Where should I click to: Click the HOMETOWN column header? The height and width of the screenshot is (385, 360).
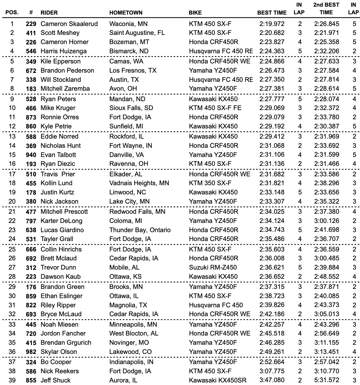coord(126,13)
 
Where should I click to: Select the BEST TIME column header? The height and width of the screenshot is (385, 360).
coord(272,13)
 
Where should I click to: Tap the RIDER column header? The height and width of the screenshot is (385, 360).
coord(49,13)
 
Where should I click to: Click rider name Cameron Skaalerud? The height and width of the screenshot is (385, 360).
coord(69,24)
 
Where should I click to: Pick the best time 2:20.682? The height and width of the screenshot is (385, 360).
coord(272,33)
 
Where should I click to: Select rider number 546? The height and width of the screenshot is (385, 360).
coord(31,51)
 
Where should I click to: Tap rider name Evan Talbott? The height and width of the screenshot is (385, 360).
coord(58,155)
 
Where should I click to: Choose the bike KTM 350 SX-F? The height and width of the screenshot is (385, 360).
coord(210,183)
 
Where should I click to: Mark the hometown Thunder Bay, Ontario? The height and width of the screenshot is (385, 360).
coord(140,230)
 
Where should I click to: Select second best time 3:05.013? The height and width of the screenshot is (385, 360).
coord(327,314)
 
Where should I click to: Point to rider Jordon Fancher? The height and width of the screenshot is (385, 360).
coord(63,333)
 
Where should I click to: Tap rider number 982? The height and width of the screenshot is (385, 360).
coord(31,352)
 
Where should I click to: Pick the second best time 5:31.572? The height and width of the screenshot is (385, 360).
coord(327,380)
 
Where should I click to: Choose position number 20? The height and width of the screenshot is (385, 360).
coord(12,201)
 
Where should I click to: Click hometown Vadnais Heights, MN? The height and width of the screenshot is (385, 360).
coord(139,183)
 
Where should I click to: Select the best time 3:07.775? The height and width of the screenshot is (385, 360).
coord(272,371)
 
